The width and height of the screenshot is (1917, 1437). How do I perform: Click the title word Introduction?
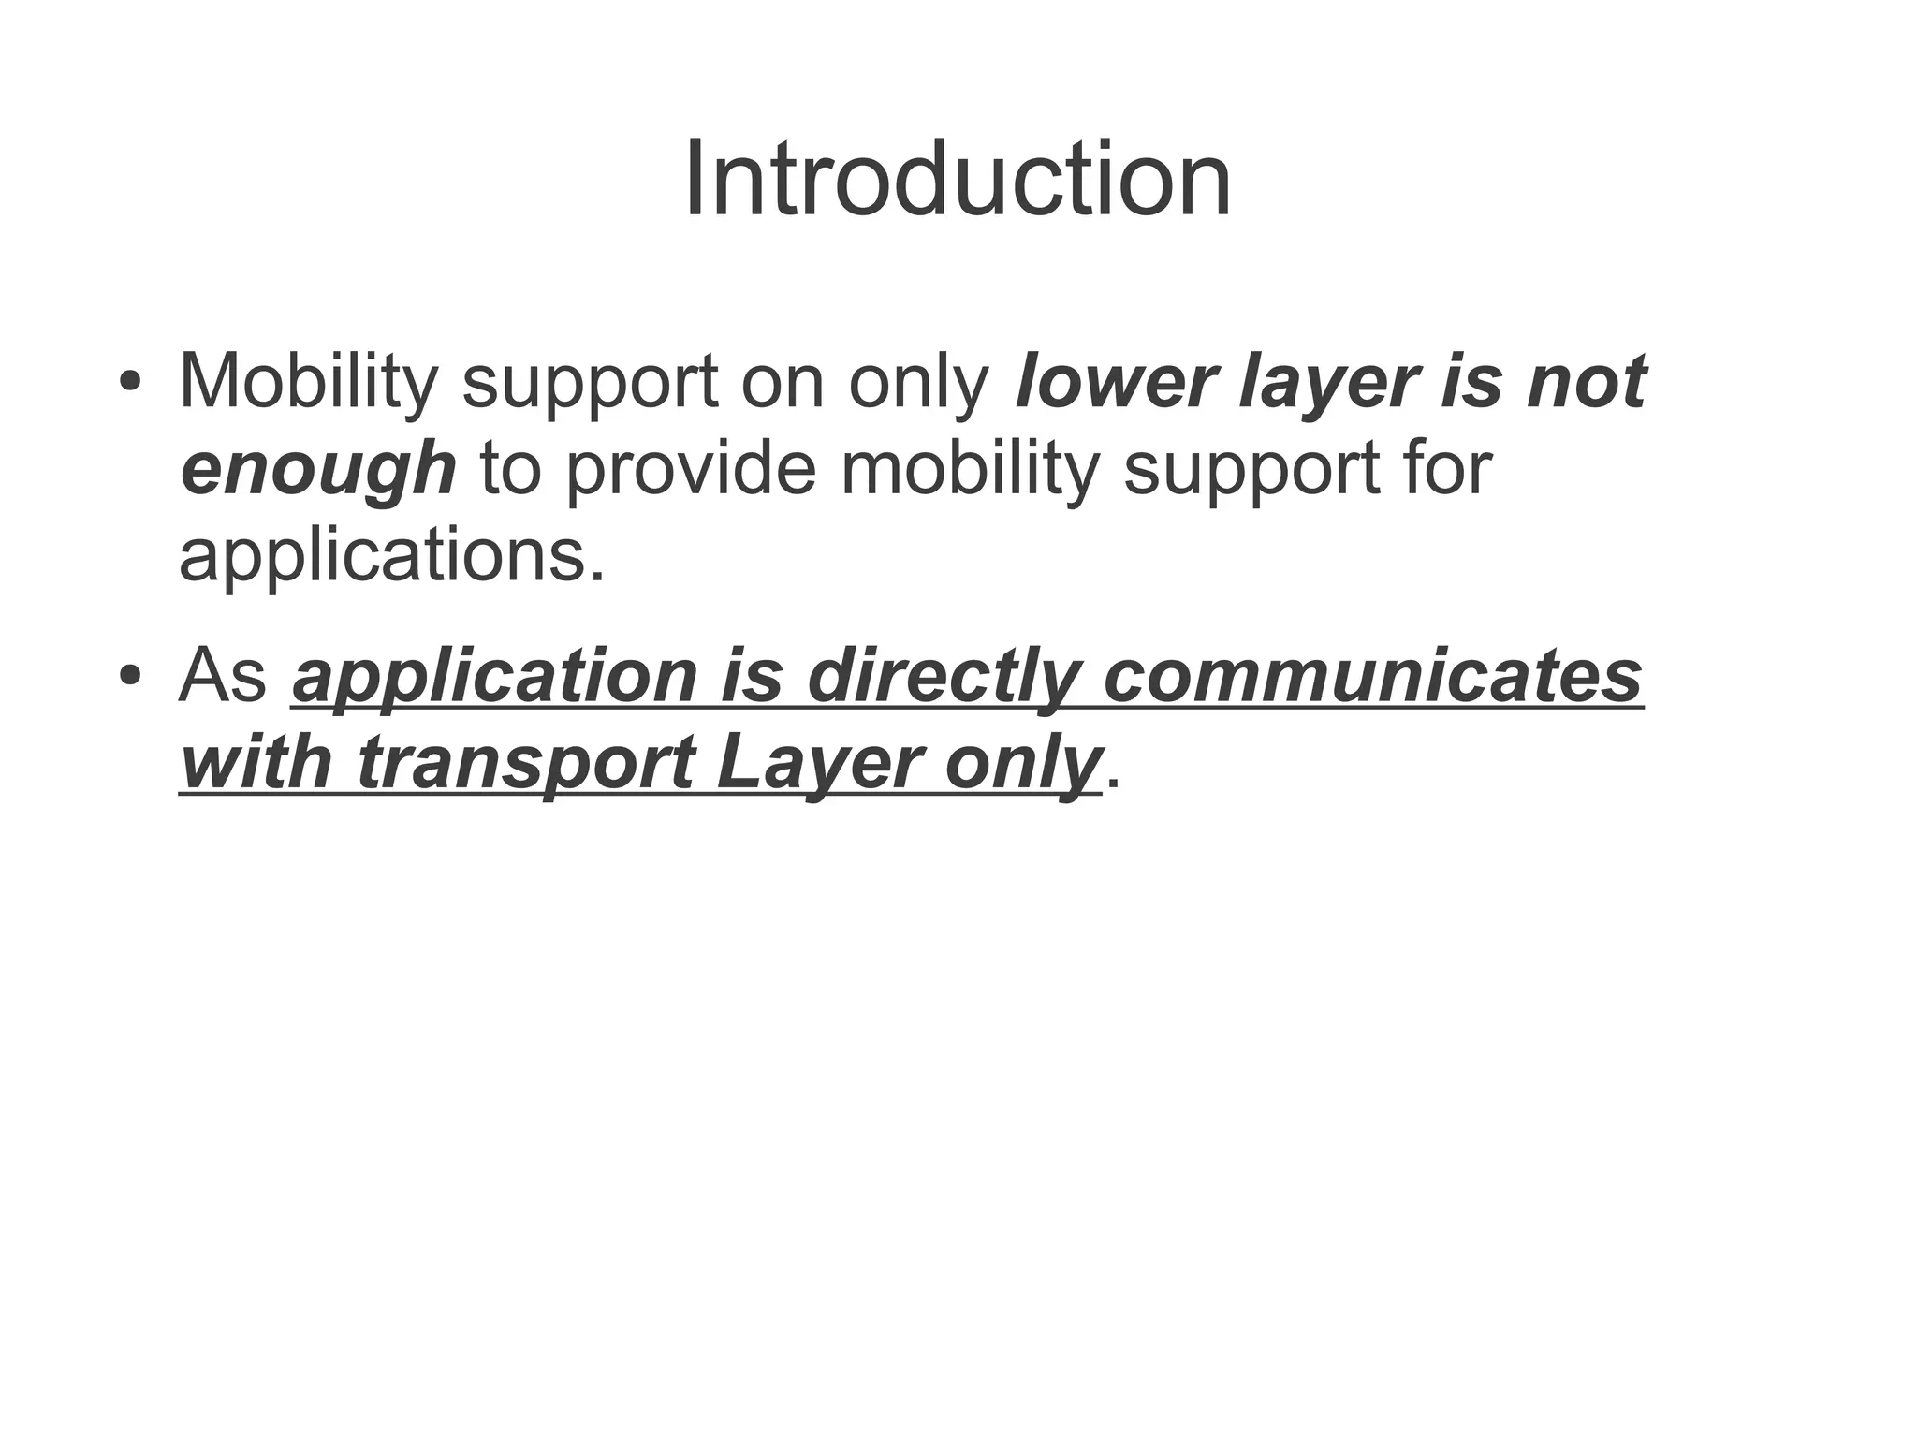pos(958,179)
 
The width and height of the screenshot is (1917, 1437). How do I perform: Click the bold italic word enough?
pos(318,469)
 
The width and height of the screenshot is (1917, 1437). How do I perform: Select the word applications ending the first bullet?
pos(392,556)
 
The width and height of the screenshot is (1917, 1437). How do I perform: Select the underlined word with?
pos(256,763)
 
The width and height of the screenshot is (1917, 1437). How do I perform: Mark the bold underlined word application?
pos(495,676)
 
